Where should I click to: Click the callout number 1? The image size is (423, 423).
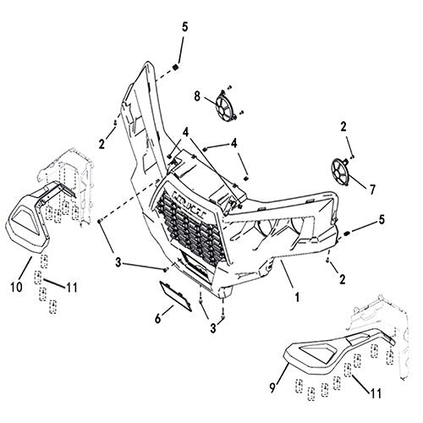(x=296, y=296)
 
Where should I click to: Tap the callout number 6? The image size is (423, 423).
(x=158, y=318)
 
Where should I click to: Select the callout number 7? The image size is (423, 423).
(x=372, y=190)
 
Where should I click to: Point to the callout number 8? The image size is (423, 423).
(x=197, y=96)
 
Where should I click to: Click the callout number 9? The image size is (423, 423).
(x=272, y=388)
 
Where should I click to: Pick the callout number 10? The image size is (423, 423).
(x=16, y=288)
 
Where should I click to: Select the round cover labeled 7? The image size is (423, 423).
(x=340, y=172)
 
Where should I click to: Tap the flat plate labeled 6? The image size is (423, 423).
(x=175, y=296)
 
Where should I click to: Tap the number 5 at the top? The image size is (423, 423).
(x=184, y=27)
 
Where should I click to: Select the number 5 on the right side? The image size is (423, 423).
(x=382, y=220)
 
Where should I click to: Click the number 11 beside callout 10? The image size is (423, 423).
(x=72, y=288)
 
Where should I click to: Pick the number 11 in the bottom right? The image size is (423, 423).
(x=376, y=393)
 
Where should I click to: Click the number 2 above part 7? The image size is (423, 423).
(x=343, y=127)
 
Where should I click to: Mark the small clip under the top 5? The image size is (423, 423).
(x=176, y=68)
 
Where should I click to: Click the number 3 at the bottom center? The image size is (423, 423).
(x=213, y=328)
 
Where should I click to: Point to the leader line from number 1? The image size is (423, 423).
(x=287, y=274)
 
